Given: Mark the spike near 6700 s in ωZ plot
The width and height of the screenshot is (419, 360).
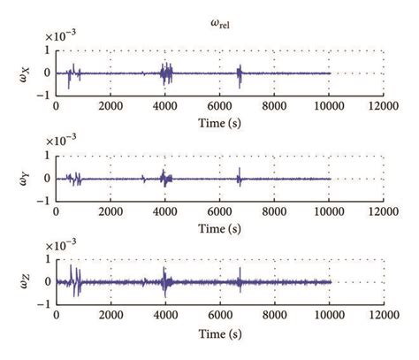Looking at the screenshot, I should coord(239,282).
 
